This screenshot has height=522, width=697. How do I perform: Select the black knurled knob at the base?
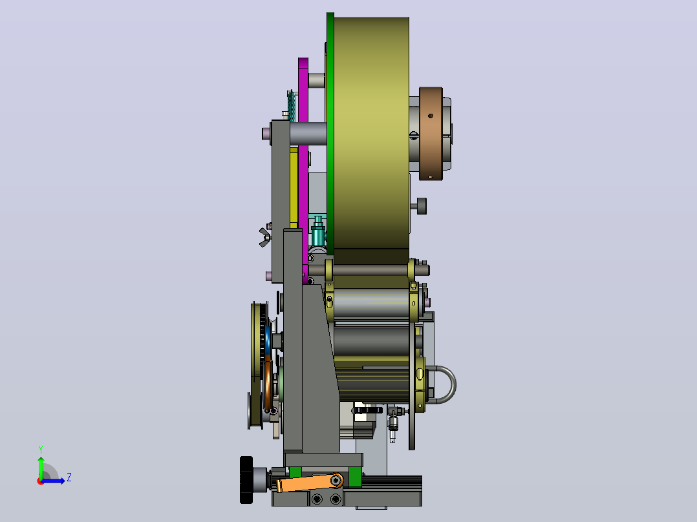[246, 480]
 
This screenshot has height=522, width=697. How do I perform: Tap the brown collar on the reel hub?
[431, 134]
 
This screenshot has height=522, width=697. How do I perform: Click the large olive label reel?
[371, 133]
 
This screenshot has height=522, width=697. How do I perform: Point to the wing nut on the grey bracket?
[265, 237]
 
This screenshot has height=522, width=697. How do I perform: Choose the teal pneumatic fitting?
[317, 231]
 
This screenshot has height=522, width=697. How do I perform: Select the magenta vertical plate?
[303, 169]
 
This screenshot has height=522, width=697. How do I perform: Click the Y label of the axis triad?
[41, 450]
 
